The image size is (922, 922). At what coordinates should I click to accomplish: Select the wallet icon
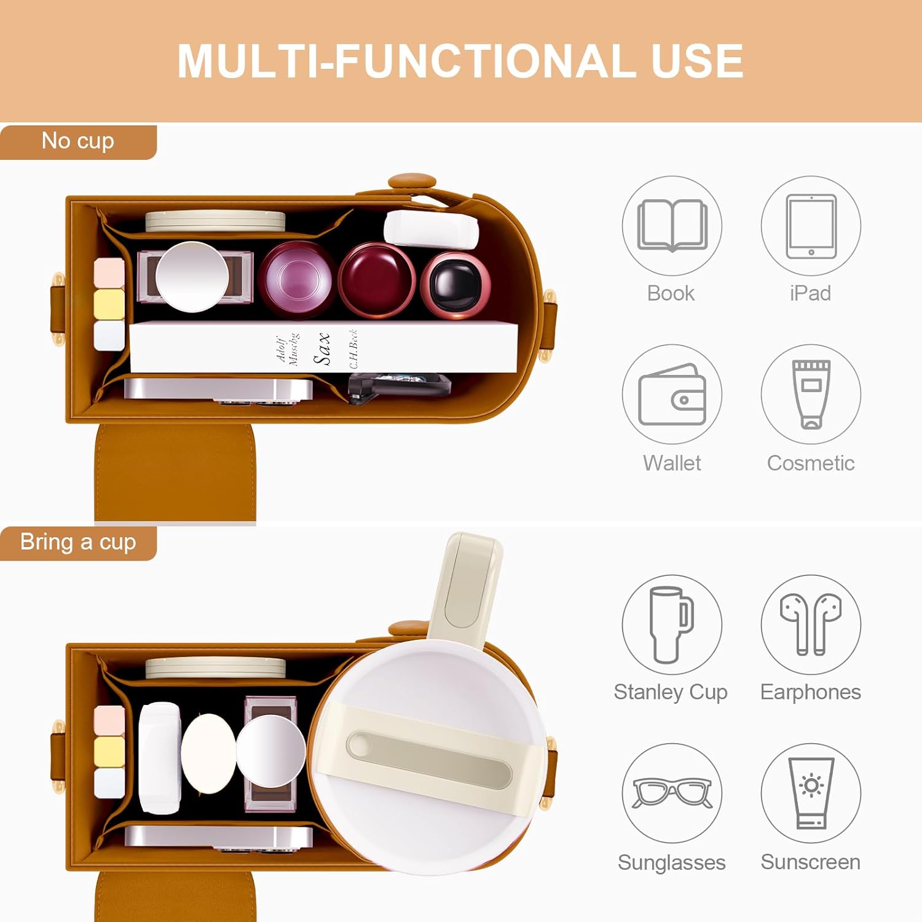672,395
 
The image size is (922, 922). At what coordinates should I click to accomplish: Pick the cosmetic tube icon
811,394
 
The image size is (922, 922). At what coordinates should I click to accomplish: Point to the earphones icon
811,624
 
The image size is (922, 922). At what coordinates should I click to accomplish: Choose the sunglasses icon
672,793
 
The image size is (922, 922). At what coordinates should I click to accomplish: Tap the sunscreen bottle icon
811,793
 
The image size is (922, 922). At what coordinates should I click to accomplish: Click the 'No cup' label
78,141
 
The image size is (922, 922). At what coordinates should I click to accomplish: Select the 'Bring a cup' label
78,542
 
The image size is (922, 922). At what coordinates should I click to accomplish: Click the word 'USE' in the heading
697,61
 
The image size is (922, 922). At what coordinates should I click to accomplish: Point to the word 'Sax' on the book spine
322,348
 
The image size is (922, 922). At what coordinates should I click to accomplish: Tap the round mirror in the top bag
192,277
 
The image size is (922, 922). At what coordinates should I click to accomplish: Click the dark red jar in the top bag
377,280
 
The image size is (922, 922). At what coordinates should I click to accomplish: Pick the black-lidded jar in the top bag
455,285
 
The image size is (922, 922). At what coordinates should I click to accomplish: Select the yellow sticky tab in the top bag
109,304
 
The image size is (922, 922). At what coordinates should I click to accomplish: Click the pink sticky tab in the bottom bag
109,720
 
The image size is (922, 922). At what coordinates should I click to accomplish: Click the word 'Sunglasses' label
672,862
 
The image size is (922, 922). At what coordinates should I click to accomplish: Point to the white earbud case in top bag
431,229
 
